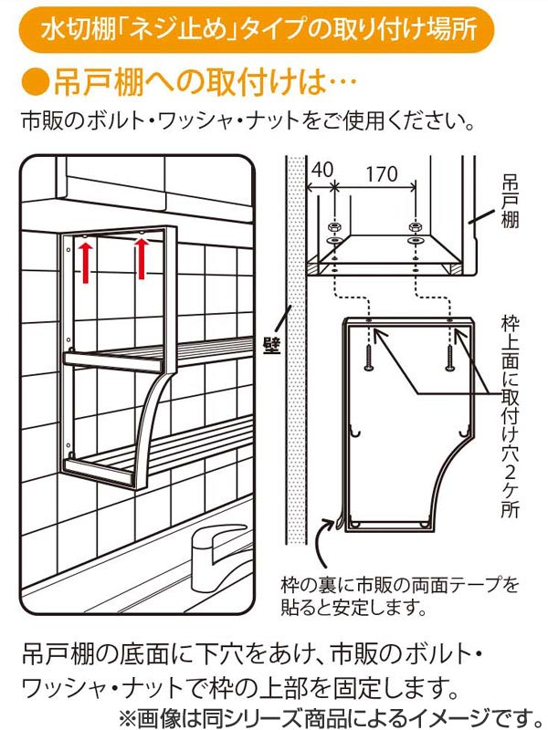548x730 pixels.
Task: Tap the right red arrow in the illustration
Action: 142,260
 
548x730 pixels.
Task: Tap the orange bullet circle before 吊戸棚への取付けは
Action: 34,83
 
